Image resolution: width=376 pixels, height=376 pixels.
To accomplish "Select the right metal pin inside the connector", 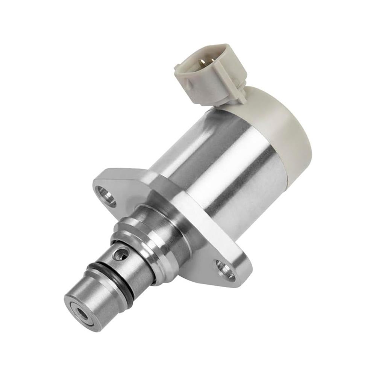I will point(205,60).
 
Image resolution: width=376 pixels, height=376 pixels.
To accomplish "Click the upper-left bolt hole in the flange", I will point(106,196).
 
